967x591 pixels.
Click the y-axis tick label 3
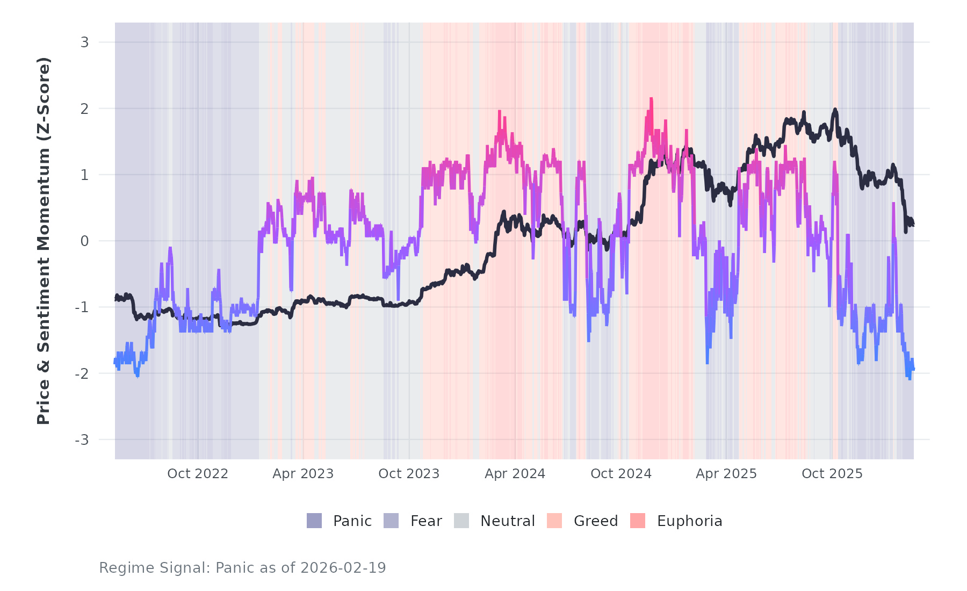[x=84, y=42]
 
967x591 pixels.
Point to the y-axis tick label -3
[x=82, y=440]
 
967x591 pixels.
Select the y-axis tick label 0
[x=84, y=241]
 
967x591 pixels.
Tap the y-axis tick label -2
[x=82, y=374]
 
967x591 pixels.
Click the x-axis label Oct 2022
[x=198, y=474]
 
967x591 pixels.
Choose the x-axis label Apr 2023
[x=303, y=474]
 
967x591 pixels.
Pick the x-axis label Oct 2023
[x=409, y=474]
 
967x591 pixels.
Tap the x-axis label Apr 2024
[x=515, y=474]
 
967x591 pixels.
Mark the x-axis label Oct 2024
[x=621, y=474]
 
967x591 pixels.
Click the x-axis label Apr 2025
[x=726, y=474]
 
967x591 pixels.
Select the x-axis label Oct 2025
[x=832, y=474]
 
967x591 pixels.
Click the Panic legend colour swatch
[x=314, y=521]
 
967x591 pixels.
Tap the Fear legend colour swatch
[x=391, y=521]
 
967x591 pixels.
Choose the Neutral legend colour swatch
[x=461, y=521]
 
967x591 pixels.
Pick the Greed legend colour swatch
[x=554, y=521]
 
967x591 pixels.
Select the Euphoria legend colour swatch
[x=638, y=521]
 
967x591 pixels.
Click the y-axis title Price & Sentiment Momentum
[x=44, y=241]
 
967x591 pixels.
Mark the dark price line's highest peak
[x=835, y=110]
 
